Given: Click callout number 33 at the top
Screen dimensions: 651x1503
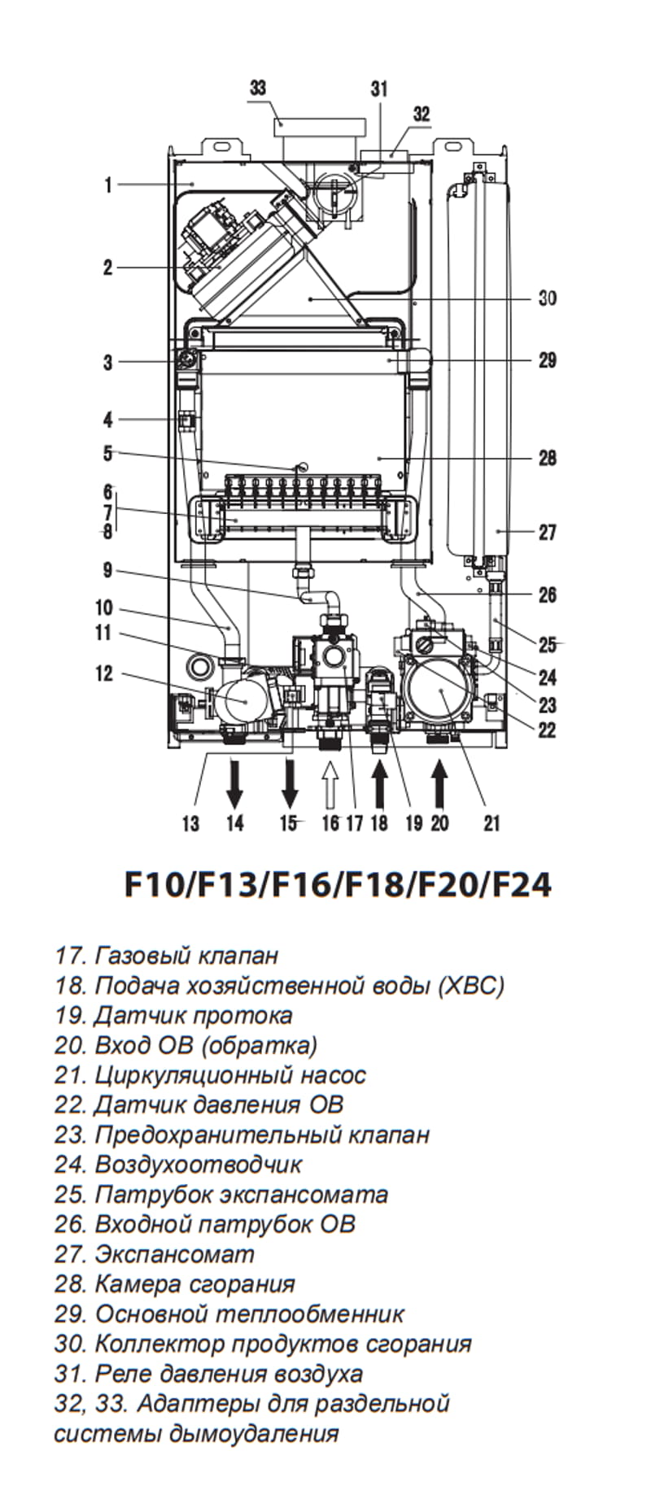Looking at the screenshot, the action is [x=258, y=88].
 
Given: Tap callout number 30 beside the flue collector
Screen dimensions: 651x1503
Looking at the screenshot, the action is [x=548, y=298].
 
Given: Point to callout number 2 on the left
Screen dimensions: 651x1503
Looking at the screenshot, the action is [x=108, y=267].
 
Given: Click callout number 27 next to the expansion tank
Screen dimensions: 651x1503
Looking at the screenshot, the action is [x=548, y=532].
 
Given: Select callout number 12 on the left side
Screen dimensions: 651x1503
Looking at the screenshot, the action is [x=104, y=673].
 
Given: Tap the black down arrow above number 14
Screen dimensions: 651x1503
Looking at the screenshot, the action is [x=234, y=781].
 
